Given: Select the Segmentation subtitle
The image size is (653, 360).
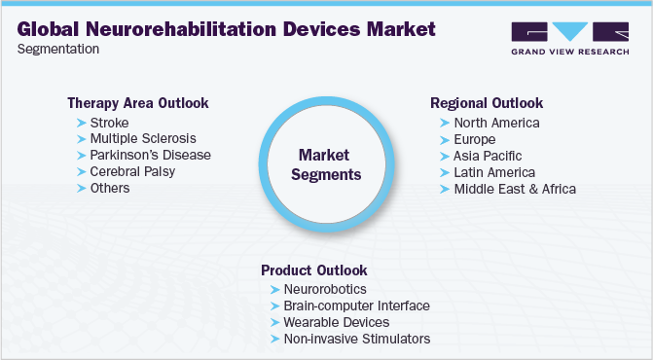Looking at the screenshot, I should tap(55, 48).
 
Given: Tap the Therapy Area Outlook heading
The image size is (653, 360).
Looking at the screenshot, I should tap(137, 102).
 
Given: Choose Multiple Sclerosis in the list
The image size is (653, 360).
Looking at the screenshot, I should tap(142, 139).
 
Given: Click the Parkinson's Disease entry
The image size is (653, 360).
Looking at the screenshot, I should tap(150, 156).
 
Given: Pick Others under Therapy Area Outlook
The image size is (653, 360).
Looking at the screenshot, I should tap(109, 189).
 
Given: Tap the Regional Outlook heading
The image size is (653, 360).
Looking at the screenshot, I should tap(487, 102).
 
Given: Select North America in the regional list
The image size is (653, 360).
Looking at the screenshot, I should tap(496, 123).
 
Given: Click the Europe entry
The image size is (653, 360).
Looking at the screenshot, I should tap(475, 139).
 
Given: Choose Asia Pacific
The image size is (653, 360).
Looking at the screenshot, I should tap(488, 156).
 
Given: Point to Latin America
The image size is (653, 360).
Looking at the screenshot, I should tap(494, 172).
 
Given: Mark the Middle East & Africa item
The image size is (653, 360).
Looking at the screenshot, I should tap(515, 189).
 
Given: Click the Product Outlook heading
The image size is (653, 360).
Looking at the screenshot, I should tap(313, 270).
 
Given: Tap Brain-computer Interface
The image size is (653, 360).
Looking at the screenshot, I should tap(356, 306).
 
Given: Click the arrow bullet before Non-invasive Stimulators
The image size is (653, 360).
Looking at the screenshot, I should tap(272, 339).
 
